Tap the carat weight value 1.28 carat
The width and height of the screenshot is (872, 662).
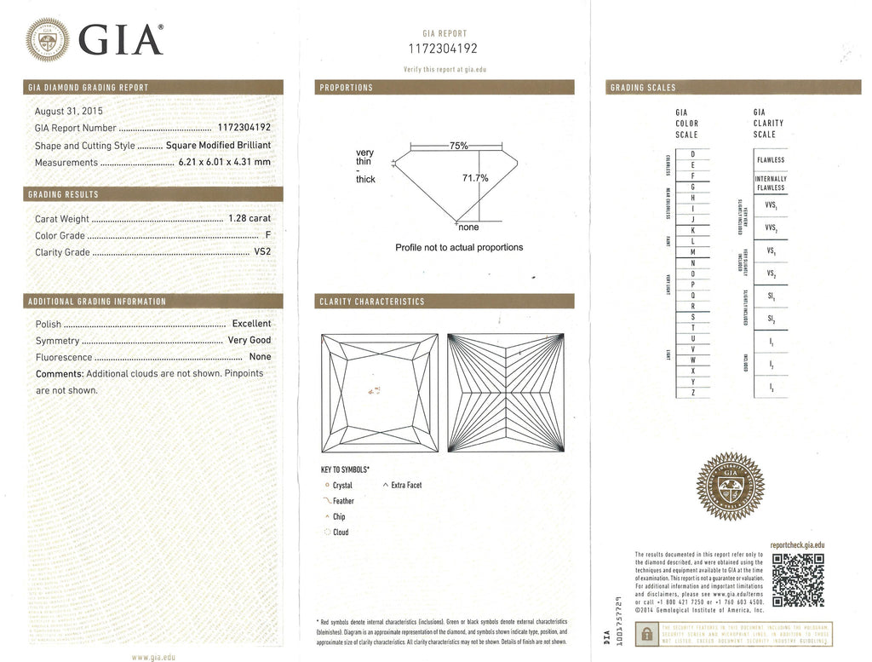[250, 219]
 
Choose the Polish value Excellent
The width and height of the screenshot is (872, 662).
[251, 324]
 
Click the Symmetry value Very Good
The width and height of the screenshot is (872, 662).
[249, 341]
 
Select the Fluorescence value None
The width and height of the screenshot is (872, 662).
[260, 357]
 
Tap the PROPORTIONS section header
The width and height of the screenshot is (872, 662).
[346, 88]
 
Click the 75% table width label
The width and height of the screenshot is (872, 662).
[458, 146]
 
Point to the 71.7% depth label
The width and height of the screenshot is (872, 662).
[474, 178]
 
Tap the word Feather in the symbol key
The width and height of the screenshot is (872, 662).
[343, 501]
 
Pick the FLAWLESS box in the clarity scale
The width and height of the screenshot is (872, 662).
[770, 159]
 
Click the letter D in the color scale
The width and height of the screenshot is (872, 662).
[693, 153]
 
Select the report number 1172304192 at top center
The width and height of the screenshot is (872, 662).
[443, 49]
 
